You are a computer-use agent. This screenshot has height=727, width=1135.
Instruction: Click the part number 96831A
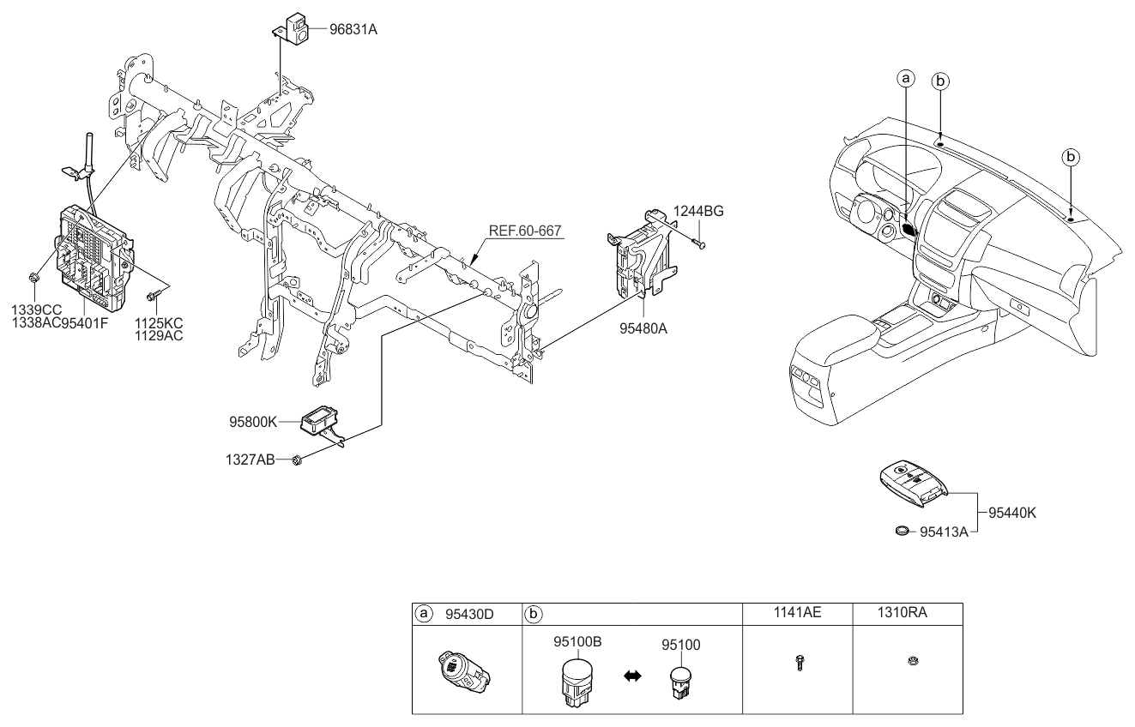pyautogui.click(x=353, y=29)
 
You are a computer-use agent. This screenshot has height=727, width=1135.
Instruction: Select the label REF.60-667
pyautogui.click(x=525, y=231)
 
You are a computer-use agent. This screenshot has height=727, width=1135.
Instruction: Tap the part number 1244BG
pyautogui.click(x=698, y=211)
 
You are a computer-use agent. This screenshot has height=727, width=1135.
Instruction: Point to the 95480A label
pyautogui.click(x=643, y=328)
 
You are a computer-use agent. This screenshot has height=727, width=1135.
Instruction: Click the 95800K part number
pyautogui.click(x=253, y=422)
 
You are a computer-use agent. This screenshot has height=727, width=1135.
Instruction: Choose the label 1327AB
pyautogui.click(x=250, y=460)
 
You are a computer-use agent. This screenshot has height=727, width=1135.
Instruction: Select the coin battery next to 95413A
pyautogui.click(x=902, y=531)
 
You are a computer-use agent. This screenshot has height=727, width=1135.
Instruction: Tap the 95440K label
pyautogui.click(x=1012, y=513)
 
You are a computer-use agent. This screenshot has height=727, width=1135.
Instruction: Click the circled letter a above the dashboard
pyautogui.click(x=906, y=79)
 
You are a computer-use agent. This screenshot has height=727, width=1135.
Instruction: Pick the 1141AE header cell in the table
pyautogui.click(x=797, y=613)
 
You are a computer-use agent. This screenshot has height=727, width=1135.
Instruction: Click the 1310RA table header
pyautogui.click(x=903, y=613)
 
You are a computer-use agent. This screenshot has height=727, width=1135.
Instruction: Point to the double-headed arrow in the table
pyautogui.click(x=632, y=676)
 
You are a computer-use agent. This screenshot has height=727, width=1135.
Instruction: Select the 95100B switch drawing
pyautogui.click(x=577, y=682)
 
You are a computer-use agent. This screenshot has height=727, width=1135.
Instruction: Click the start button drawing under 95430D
pyautogui.click(x=463, y=672)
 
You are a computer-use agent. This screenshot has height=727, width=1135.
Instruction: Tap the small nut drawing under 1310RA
pyautogui.click(x=913, y=661)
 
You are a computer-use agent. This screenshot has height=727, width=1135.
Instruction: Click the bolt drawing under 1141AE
pyautogui.click(x=800, y=662)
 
